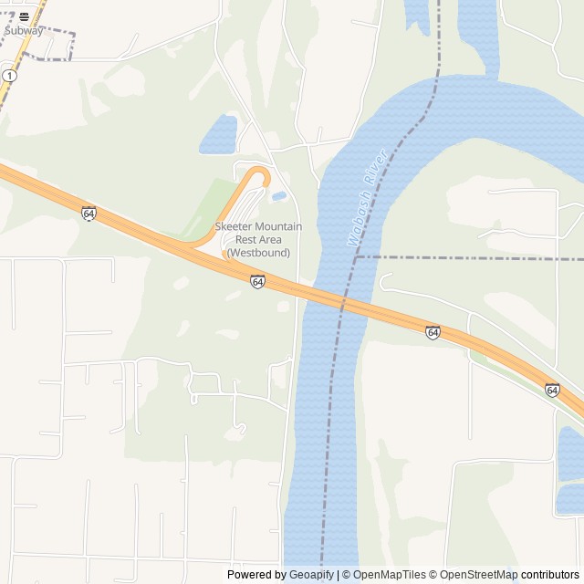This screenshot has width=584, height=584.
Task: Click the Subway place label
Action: tap(23, 30)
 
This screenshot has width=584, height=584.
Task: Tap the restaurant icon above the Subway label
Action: tap(23, 16)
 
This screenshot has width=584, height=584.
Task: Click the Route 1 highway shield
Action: tap(7, 76)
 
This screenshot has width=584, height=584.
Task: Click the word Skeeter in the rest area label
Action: tap(234, 226)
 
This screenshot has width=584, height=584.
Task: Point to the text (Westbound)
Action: tap(258, 252)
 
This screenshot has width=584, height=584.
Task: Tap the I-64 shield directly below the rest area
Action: tap(257, 282)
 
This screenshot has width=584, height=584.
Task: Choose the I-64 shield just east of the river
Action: tap(433, 332)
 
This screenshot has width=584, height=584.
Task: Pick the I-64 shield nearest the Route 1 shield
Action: tap(89, 214)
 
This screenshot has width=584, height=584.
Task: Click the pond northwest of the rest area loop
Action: tap(219, 135)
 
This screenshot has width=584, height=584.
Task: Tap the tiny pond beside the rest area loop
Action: tap(278, 195)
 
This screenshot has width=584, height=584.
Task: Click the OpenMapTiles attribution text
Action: tap(390, 575)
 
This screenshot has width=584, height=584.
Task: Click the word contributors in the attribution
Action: tap(550, 575)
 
